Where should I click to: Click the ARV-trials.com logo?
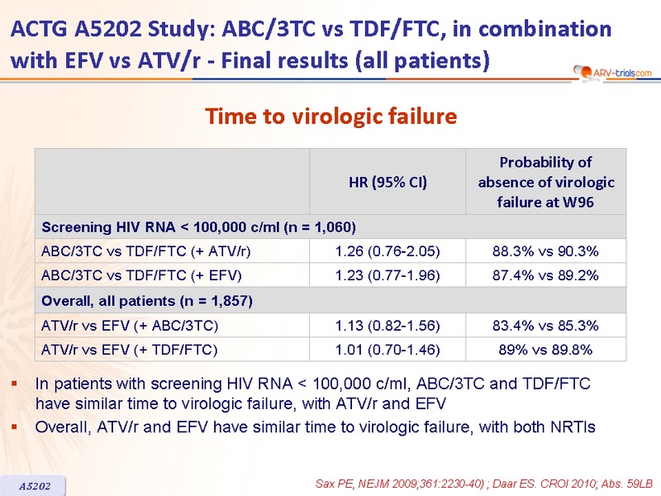[612, 73]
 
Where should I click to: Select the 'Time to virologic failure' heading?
[331, 116]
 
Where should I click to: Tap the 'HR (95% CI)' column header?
[388, 182]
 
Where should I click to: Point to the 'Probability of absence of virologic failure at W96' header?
[545, 182]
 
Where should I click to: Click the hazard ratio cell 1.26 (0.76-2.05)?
[388, 251]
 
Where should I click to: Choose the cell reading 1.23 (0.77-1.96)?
[388, 275]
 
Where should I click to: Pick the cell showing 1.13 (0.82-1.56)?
[388, 326]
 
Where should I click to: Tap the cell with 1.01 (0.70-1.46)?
[388, 350]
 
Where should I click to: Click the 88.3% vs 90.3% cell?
[545, 251]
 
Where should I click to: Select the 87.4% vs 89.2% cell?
[545, 275]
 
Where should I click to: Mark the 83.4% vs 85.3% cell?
[545, 326]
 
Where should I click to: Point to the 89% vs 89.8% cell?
[545, 350]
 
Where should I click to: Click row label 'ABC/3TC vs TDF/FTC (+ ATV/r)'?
[146, 251]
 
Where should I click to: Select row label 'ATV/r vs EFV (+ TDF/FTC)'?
[130, 350]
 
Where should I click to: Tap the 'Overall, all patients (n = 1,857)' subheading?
[147, 301]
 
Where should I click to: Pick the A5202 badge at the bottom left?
[34, 486]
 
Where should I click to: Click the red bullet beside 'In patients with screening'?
[14, 384]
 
